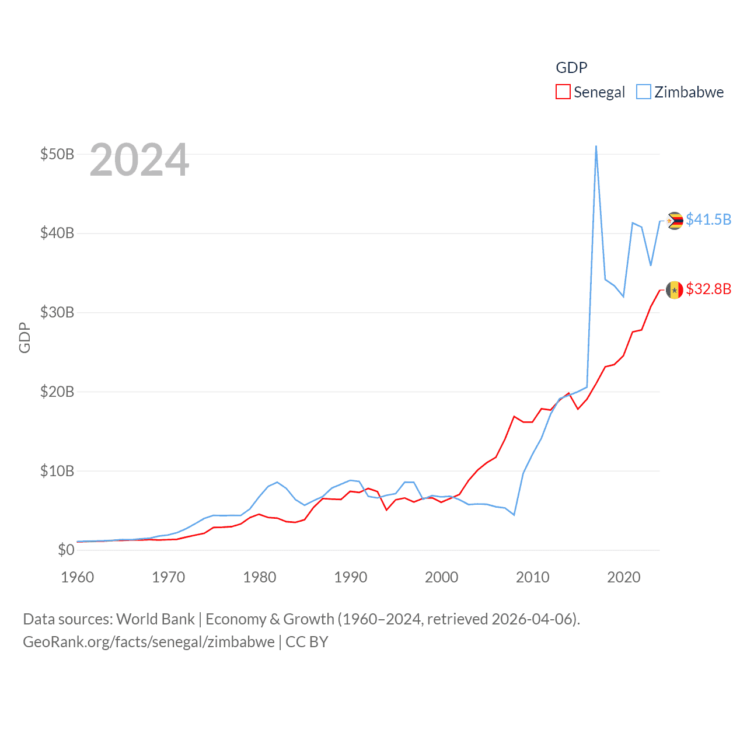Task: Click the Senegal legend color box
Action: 563,92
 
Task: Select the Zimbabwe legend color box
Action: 643,92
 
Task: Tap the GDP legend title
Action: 571,68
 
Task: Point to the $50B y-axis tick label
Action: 57,154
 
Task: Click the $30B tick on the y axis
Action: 57,312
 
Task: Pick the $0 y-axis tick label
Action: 66,550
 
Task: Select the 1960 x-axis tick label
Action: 78,577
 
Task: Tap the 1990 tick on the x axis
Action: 351,577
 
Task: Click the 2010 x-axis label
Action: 533,577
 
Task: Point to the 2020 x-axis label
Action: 624,577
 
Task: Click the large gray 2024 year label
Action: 139,160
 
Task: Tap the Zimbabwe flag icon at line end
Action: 675,221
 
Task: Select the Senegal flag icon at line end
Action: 675,289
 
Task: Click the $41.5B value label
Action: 708,219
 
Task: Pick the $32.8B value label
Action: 708,289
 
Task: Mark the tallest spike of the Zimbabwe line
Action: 596,146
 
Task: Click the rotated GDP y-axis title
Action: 25,337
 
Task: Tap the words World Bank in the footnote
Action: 156,619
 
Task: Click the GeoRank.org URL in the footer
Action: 149,642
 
